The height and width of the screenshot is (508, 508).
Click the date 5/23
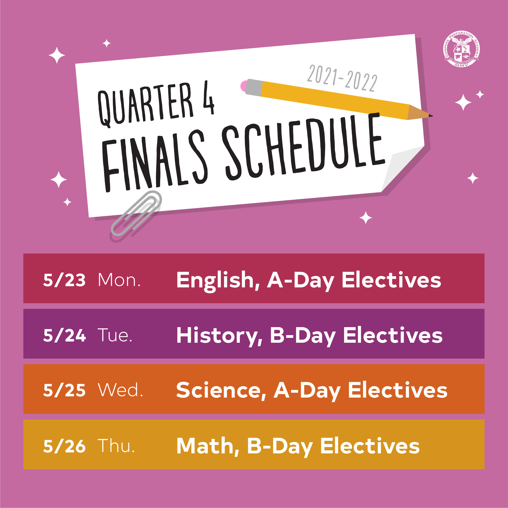64,280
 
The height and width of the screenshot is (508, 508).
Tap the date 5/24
64,335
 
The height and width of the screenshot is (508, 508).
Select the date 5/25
64,390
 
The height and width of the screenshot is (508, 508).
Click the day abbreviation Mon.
119,280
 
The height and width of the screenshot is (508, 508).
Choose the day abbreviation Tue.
115,335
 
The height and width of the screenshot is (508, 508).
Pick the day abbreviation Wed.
120,390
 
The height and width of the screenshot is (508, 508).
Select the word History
220,336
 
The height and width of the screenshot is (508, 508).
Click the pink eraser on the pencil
244,86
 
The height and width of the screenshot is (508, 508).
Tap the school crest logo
461,49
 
